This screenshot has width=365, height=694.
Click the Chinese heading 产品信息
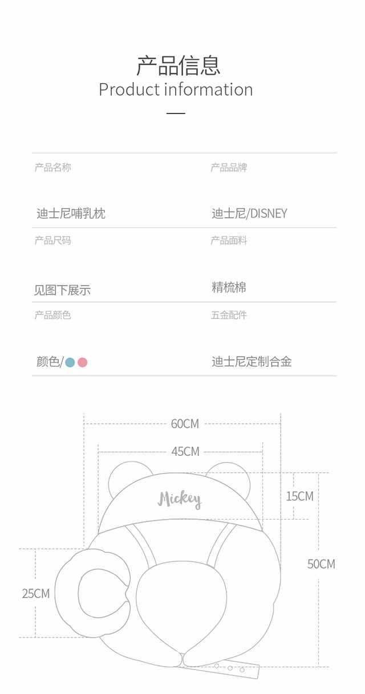point(179,66)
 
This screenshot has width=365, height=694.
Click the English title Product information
point(176,89)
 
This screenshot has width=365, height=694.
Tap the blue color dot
point(70,362)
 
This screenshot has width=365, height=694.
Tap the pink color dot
point(83,362)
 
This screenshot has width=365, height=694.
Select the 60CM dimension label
point(185,424)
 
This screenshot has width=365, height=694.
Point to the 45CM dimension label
point(185,451)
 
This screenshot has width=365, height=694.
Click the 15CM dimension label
point(299,496)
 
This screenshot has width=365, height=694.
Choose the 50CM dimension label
point(321,564)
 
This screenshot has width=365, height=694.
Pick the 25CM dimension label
point(36,594)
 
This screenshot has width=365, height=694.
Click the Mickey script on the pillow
point(180,499)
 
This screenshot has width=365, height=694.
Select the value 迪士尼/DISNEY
point(249,214)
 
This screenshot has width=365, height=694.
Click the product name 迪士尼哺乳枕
point(71,214)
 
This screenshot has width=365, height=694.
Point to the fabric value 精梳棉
point(229,287)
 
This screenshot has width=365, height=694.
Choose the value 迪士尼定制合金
point(252,362)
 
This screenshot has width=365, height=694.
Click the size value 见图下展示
point(62,290)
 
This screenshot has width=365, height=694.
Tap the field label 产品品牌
point(229,168)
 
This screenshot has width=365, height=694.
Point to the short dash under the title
point(176,113)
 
